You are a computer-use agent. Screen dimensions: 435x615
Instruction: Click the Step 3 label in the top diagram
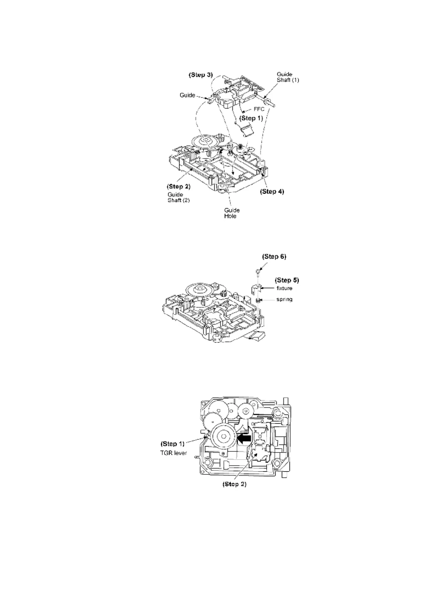pos(201,75)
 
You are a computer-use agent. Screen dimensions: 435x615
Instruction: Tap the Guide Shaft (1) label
pos(288,77)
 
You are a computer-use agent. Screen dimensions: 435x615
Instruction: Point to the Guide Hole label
pos(232,213)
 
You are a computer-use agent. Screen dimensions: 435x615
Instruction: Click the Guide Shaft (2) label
pos(178,197)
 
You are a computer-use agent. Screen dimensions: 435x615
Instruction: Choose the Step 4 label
pos(272,191)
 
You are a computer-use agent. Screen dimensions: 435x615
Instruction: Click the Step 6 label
pos(274,256)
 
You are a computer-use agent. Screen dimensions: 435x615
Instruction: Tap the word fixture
pos(284,288)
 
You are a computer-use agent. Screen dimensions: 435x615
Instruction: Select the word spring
pos(284,299)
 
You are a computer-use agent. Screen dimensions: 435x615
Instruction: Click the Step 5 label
pos(287,280)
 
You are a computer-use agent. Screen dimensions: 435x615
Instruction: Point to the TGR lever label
pos(174,453)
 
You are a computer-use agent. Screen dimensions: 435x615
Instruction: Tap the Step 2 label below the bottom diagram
pos(235,484)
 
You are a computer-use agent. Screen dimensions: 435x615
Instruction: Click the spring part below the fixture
pos(258,300)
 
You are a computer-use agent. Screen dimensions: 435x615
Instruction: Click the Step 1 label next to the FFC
pos(251,118)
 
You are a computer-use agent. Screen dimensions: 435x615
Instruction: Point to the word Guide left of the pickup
pos(187,95)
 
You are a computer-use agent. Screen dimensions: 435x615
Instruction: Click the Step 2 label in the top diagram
pos(179,187)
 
